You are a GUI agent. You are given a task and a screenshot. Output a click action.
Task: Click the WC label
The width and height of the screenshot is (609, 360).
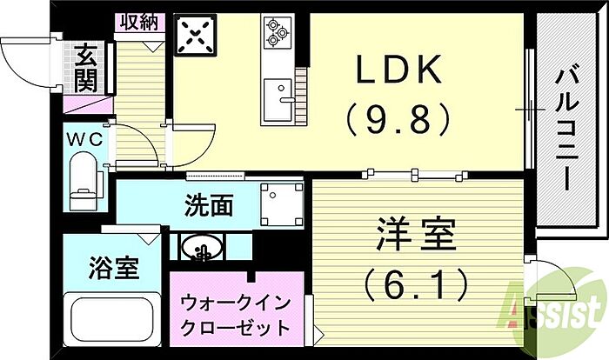(84, 138)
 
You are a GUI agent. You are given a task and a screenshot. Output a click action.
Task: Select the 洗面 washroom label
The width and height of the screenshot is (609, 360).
(209, 206)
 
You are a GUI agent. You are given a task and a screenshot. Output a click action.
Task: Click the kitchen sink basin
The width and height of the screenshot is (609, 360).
(279, 89)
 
